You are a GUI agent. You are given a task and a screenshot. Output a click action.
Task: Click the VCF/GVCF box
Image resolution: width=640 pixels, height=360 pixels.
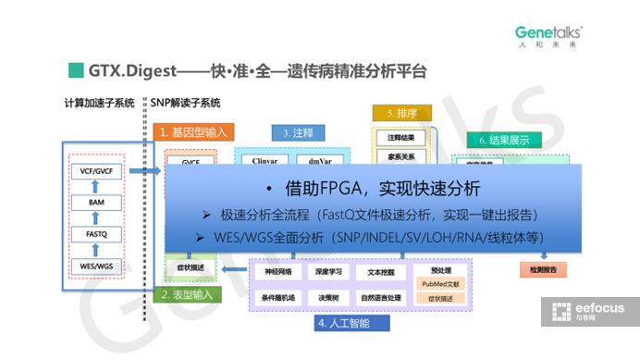click(x=96, y=171)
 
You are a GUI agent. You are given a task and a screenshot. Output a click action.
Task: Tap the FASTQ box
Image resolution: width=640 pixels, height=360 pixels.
click(x=96, y=235)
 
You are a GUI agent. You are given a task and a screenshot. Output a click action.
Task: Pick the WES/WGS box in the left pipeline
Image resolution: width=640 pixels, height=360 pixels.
click(x=96, y=267)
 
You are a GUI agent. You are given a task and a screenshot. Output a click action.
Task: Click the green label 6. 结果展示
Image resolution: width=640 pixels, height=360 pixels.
click(x=504, y=140)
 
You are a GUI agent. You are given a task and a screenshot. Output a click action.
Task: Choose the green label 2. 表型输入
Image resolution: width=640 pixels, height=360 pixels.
click(x=191, y=295)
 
